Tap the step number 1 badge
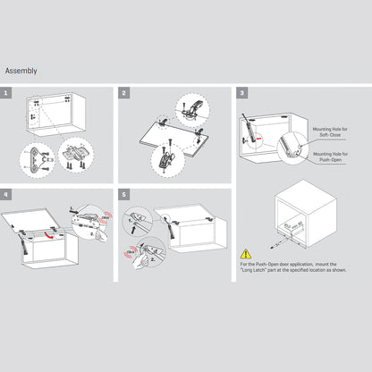[7, 92]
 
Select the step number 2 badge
[124, 92]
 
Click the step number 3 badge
[241, 92]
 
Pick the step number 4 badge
[7, 193]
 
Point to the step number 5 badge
[124, 193]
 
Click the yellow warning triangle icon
[246, 254]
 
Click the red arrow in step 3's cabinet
[258, 139]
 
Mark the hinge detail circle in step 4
[91, 219]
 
